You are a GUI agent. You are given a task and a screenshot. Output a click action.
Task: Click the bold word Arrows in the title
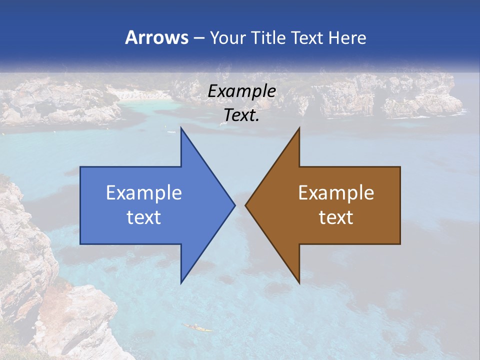(x=157, y=37)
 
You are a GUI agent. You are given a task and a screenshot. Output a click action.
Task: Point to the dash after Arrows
(x=198, y=38)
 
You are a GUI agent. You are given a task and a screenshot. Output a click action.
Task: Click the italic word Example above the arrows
(x=241, y=91)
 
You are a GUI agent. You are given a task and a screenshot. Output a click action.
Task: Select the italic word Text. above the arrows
(x=241, y=115)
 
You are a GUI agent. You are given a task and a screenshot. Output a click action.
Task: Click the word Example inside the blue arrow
(x=144, y=192)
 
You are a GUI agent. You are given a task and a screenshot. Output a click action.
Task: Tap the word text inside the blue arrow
(x=144, y=217)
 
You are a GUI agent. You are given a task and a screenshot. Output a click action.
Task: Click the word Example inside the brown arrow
(x=336, y=192)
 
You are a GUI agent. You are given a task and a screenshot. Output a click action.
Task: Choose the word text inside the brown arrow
(x=336, y=217)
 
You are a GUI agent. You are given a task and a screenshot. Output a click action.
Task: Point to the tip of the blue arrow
(x=234, y=205)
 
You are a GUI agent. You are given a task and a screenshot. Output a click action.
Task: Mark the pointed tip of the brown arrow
(x=245, y=205)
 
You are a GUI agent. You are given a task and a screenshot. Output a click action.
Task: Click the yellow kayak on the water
(x=197, y=328)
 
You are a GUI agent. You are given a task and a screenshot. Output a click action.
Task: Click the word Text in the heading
(x=306, y=37)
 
